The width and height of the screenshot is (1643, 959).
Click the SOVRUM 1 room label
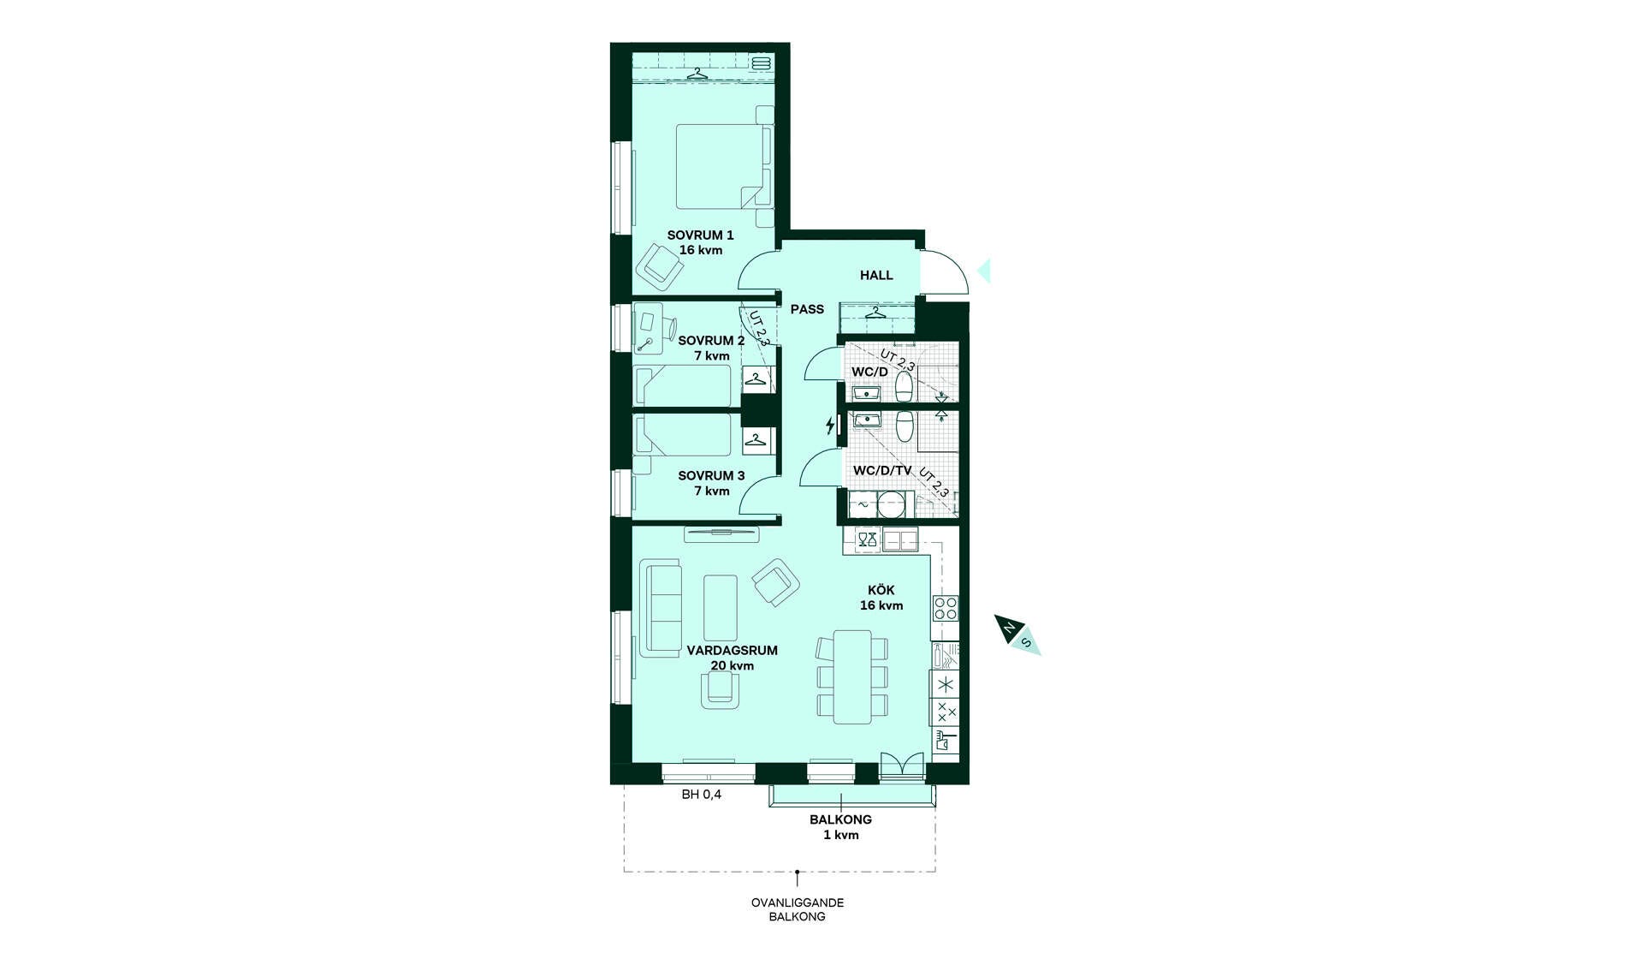[700, 235]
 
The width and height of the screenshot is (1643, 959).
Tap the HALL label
[876, 275]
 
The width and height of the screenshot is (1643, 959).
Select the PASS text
[807, 309]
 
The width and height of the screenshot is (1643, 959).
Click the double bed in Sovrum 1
[725, 166]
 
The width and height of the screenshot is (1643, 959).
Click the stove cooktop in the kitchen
[945, 608]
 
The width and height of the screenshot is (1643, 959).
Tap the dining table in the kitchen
[852, 676]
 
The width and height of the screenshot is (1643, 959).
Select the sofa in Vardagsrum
[661, 609]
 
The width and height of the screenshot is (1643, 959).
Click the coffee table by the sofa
[721, 608]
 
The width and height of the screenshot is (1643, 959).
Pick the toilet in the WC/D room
[904, 386]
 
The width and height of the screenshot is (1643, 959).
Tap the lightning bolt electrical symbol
[829, 426]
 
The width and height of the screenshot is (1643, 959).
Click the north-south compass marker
[1017, 635]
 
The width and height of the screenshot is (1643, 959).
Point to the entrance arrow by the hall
[984, 271]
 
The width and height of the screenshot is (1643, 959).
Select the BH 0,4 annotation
[702, 795]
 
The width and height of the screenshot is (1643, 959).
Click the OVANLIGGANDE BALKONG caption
[798, 909]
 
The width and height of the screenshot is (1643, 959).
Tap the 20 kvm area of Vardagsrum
[733, 665]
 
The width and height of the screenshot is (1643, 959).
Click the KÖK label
[881, 590]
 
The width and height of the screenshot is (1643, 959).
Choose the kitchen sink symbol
[900, 540]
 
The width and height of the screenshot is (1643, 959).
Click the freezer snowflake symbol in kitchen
[945, 684]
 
